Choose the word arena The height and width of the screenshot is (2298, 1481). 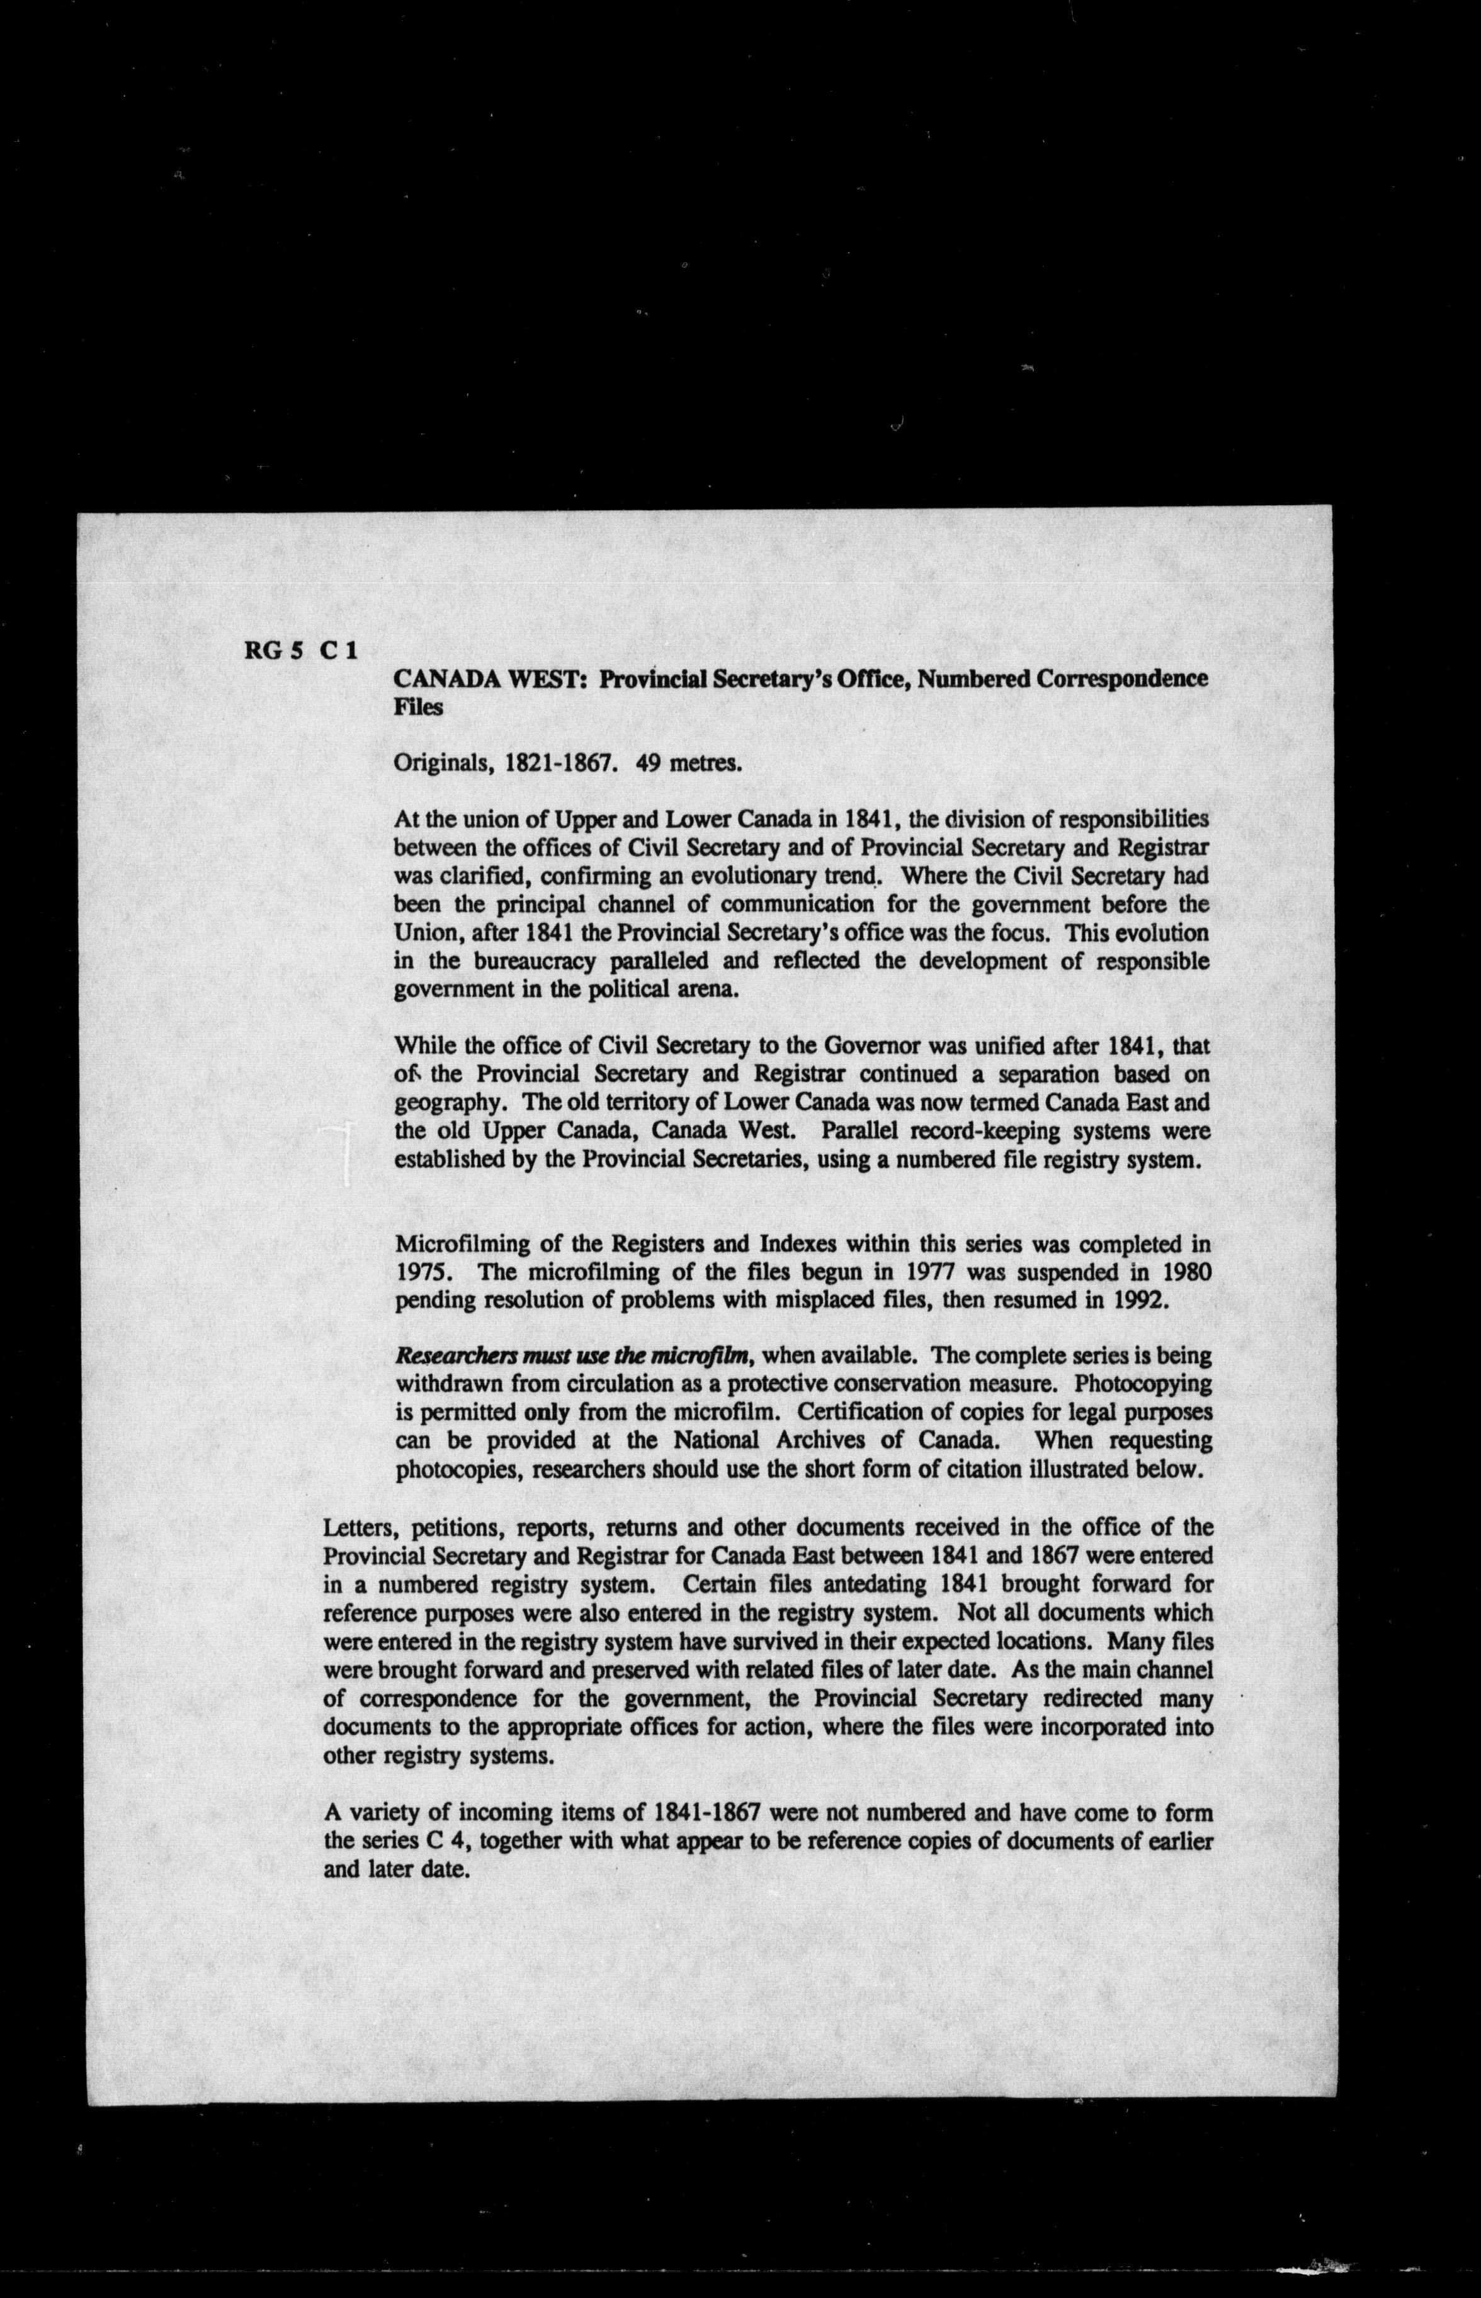(x=709, y=990)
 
